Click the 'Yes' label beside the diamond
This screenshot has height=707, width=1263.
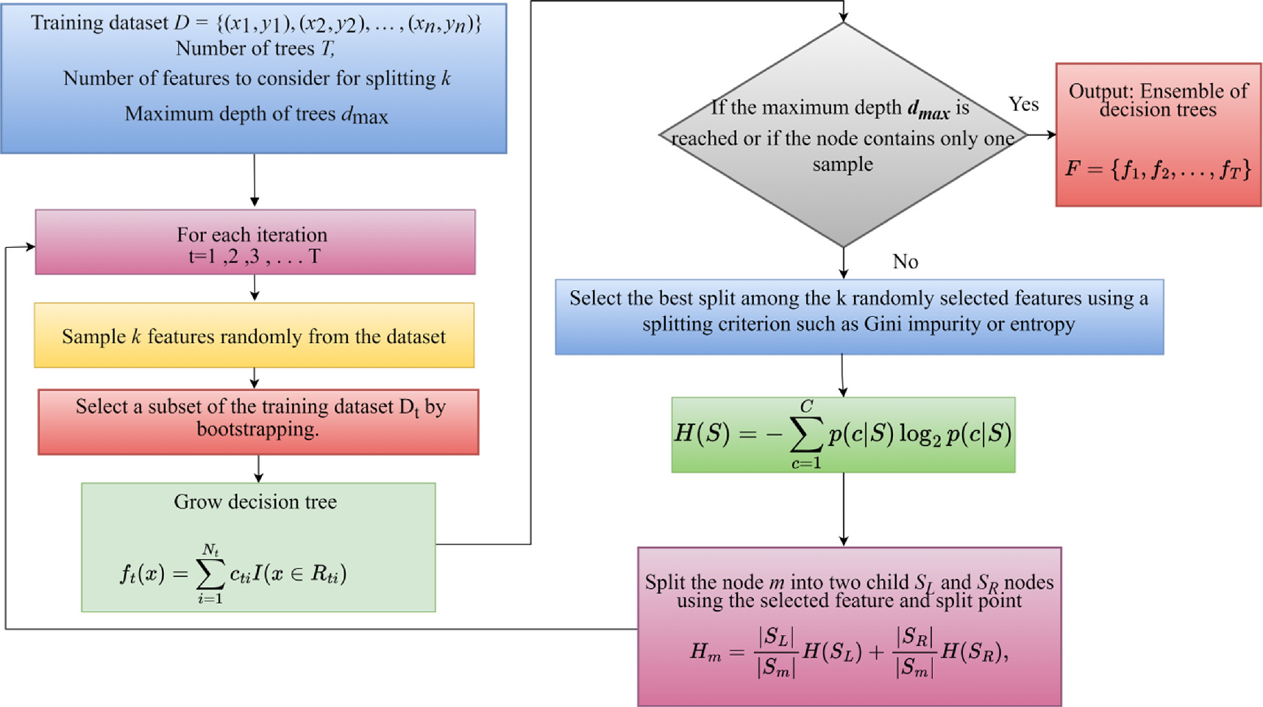click(1023, 104)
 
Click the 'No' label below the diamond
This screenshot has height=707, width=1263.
click(905, 262)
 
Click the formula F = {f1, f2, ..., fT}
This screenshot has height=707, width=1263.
click(1158, 171)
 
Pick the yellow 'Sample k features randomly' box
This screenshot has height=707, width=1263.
click(254, 336)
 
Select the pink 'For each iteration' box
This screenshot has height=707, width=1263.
click(255, 243)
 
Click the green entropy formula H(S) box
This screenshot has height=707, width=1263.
click(843, 435)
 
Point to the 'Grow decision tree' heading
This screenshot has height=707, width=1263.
click(255, 502)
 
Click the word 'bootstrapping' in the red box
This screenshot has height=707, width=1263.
click(257, 429)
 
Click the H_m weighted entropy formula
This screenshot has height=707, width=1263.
click(849, 652)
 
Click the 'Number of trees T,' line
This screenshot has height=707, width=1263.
click(255, 49)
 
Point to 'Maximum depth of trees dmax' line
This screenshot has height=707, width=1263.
click(256, 115)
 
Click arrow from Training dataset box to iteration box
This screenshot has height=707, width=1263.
click(255, 181)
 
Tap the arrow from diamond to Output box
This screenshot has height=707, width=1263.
click(1042, 134)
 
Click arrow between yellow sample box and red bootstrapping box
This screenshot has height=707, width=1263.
click(255, 378)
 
